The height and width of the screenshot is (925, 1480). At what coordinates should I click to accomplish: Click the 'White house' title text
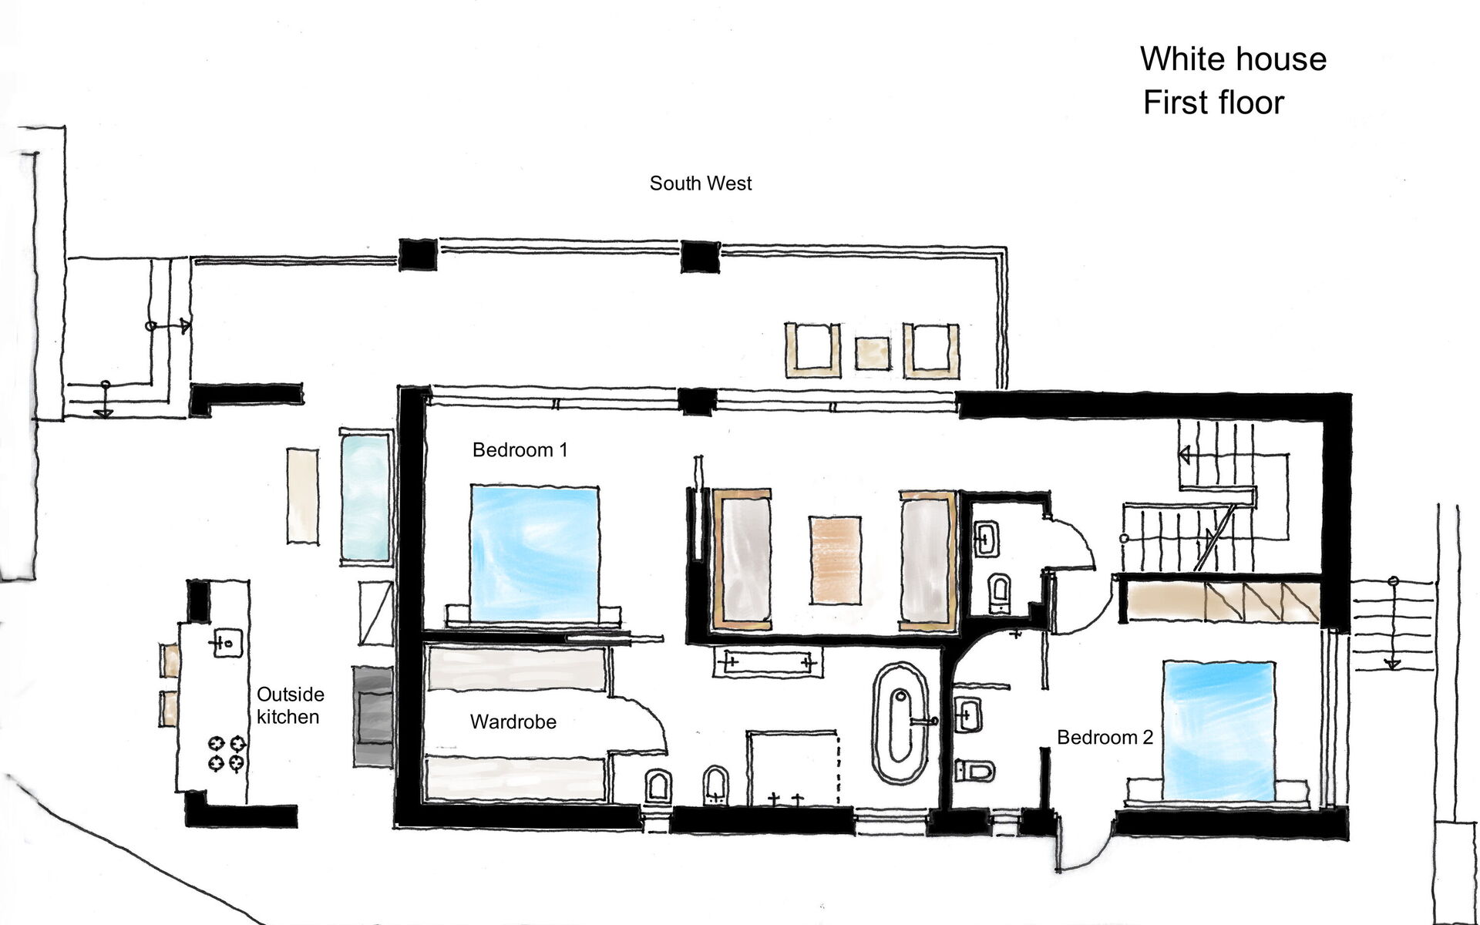tap(1233, 59)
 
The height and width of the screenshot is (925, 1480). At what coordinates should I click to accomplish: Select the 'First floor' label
tap(1213, 103)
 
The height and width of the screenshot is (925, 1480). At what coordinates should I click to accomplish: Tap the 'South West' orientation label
tap(700, 183)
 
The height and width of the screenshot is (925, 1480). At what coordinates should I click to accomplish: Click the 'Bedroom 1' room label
tap(520, 450)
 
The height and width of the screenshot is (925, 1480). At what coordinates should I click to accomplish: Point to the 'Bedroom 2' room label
tap(1105, 738)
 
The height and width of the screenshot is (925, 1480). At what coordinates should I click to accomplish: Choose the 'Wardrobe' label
tap(513, 722)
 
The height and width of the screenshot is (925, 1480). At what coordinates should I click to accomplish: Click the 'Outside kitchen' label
tap(290, 705)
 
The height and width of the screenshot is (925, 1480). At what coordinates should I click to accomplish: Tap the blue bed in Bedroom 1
tap(534, 553)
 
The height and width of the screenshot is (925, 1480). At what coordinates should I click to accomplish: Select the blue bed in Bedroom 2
tap(1218, 731)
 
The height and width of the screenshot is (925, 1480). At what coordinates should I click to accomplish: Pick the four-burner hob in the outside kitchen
tap(227, 753)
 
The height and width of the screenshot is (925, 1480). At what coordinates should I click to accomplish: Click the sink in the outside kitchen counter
tap(227, 642)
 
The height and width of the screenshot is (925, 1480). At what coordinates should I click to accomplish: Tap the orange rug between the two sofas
tap(835, 560)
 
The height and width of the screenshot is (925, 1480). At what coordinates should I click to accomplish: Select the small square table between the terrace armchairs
tap(873, 354)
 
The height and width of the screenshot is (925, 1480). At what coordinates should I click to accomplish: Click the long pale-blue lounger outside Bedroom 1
tap(366, 498)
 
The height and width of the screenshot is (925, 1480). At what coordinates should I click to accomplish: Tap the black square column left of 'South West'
tap(418, 254)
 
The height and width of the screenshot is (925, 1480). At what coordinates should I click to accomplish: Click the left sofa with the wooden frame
tap(742, 559)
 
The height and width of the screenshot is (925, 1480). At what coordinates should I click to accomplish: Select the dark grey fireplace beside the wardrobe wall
tap(373, 716)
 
